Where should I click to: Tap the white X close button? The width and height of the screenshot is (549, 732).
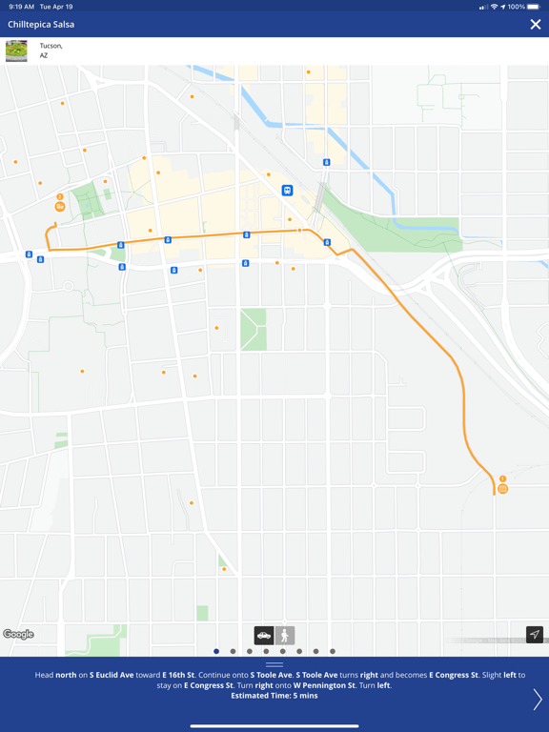pos(536,25)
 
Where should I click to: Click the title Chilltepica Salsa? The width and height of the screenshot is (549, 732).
pos(41,25)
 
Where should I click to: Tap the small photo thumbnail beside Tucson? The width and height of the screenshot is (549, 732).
pos(16,51)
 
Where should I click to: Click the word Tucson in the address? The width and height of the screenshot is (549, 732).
pos(51,46)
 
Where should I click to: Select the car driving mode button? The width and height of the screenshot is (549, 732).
pos(264,635)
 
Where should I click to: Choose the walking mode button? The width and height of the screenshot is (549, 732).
pos(285,635)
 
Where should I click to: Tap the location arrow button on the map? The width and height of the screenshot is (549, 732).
pos(535,635)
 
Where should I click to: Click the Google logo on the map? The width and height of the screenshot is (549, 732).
pos(18,635)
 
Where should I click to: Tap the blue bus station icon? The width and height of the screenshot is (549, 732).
pos(287,191)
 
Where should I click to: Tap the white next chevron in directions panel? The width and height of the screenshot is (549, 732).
pos(537,699)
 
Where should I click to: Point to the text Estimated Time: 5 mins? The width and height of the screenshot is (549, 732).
pos(274,696)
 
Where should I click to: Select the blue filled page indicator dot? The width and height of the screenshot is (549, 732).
pos(216,652)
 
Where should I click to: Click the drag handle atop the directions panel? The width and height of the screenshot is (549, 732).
pos(274,664)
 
